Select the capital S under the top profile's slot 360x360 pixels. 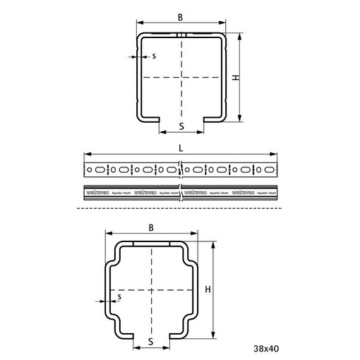coord(181,126)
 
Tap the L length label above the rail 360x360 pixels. coord(181,149)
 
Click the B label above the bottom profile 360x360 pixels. coord(152,228)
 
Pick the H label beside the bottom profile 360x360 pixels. coord(208,289)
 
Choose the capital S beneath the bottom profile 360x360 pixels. coord(151,341)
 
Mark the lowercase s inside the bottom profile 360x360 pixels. coord(120,297)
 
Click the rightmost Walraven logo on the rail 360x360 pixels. coord(248,191)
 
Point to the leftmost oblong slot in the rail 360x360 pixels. coord(99,169)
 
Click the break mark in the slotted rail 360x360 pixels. coord(181,170)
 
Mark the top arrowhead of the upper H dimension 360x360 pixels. coord(240,35)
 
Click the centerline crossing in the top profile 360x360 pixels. coord(181,76)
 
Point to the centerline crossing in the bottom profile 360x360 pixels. coord(152,289)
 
